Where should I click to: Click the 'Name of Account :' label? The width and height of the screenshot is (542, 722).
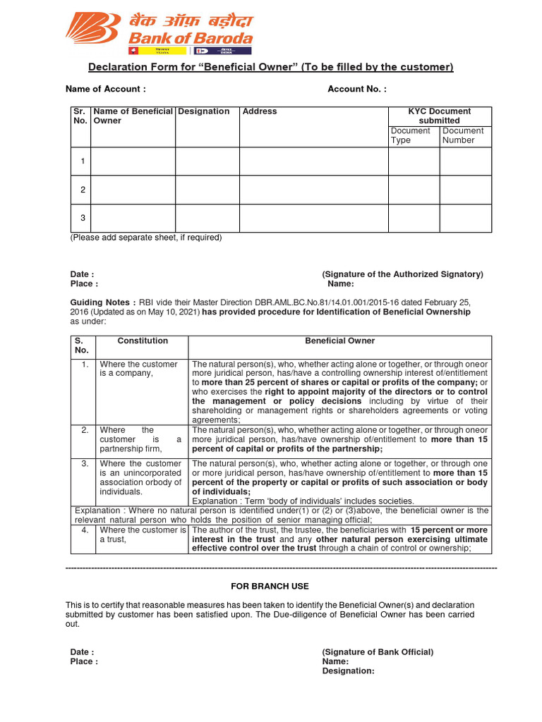point(105,89)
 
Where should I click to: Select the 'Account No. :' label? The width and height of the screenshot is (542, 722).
point(356,89)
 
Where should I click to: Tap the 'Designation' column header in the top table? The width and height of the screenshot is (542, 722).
point(204,111)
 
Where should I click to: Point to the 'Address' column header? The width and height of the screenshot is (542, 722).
point(260,111)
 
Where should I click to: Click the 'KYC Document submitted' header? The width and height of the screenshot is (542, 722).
point(440,116)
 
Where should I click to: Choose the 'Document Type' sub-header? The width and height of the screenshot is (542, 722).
point(410,135)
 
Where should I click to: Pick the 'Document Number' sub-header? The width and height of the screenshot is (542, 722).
point(463,135)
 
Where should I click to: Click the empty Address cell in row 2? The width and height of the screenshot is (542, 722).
point(314,190)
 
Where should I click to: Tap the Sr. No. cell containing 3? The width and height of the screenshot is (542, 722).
point(83,218)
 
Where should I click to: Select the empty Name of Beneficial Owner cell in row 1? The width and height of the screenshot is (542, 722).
point(133,161)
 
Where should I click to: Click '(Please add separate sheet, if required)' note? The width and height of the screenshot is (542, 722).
point(145,238)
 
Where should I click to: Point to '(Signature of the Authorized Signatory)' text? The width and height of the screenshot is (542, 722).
point(402,274)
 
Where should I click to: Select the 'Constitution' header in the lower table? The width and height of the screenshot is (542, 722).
point(143,341)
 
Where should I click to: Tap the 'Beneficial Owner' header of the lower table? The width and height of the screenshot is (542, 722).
point(339,341)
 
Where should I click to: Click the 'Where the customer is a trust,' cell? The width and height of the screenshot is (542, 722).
point(143,534)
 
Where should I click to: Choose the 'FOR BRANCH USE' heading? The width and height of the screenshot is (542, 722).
point(270,587)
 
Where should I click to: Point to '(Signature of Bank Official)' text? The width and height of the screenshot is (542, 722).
point(378,652)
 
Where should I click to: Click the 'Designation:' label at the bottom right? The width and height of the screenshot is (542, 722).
point(348,671)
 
